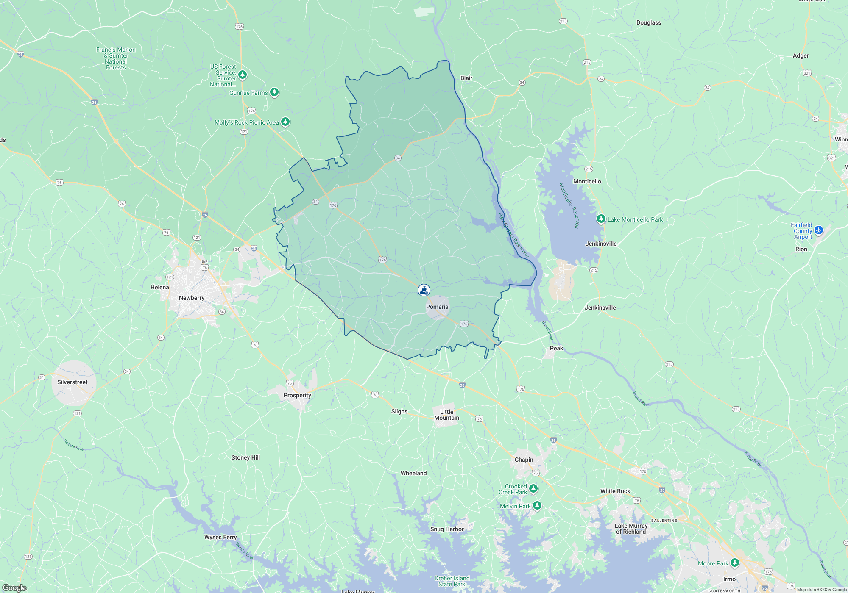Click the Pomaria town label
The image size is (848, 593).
click(437, 307)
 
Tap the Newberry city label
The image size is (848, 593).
click(192, 298)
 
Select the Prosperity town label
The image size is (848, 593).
click(297, 395)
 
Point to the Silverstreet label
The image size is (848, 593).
click(73, 382)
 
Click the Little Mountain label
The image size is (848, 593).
click(446, 415)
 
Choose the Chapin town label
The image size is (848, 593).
click(524, 460)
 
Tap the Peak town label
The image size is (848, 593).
click(556, 348)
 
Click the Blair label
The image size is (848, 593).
click(466, 78)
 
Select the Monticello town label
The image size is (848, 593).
click(587, 181)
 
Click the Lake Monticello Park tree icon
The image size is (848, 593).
click(601, 219)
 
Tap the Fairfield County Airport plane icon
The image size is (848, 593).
click(819, 230)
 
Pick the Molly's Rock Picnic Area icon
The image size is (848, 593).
click(286, 122)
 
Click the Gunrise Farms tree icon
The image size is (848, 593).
click(274, 92)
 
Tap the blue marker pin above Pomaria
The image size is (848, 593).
click(424, 290)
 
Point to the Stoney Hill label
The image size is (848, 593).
click(245, 457)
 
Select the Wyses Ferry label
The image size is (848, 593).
click(220, 537)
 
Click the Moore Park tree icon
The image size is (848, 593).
click(735, 563)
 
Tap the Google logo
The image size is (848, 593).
click(14, 588)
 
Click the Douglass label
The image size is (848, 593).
click(649, 22)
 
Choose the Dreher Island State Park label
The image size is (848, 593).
click(452, 581)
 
